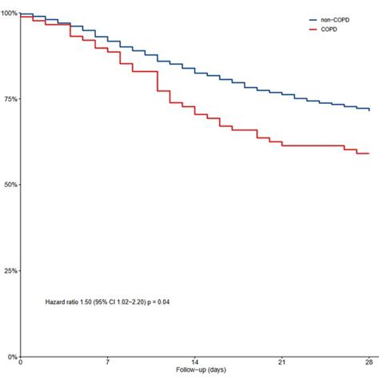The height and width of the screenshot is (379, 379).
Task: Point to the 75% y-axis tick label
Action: click(9, 98)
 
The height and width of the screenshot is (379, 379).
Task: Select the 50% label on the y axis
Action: click(9, 185)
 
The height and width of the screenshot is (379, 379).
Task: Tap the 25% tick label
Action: click(9, 270)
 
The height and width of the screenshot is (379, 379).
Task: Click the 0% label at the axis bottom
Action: click(10, 357)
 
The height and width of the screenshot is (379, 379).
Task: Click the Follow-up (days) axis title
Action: click(194, 372)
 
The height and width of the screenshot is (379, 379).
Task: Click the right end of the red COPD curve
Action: click(368, 153)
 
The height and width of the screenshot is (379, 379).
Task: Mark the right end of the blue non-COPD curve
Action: click(369, 110)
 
